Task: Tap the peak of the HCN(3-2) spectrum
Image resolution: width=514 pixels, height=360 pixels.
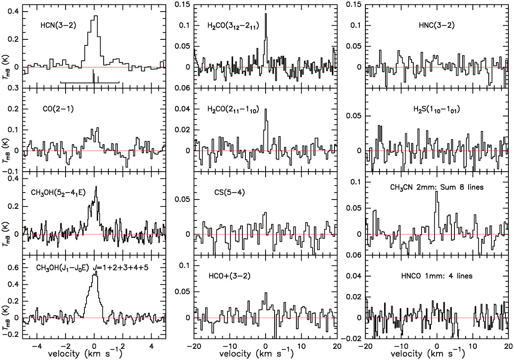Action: (96, 16)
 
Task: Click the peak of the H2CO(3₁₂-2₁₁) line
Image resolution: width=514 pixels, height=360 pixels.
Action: (266, 14)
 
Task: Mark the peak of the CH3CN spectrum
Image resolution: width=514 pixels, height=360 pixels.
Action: (436, 192)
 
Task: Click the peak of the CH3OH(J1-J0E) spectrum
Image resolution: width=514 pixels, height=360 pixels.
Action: (96, 271)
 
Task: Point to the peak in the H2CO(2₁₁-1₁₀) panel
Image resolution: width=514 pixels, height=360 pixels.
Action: (266, 109)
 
